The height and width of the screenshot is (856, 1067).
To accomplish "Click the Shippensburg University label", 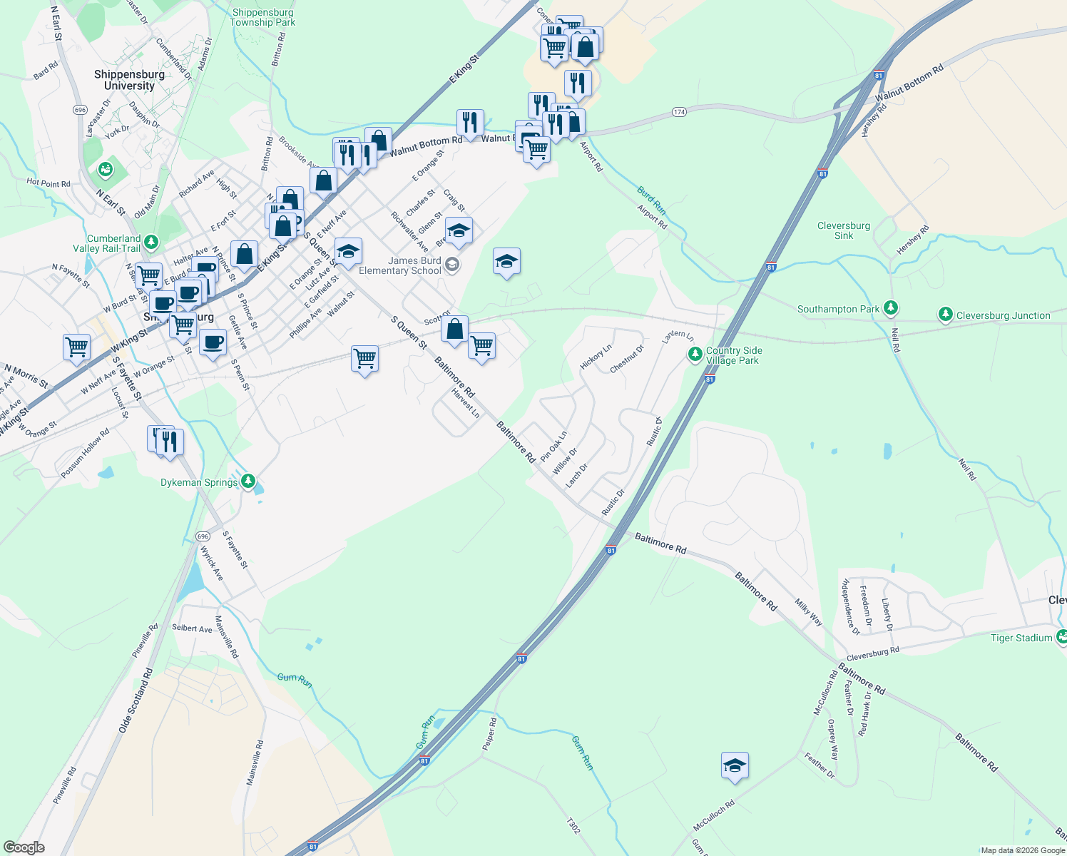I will [x=129, y=80].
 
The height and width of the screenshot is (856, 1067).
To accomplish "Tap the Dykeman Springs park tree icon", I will [x=247, y=481].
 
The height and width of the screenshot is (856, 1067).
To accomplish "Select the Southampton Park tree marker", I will [x=890, y=308].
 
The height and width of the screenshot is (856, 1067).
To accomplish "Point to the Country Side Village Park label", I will [x=733, y=355].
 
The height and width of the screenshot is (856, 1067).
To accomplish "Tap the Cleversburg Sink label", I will [x=844, y=230].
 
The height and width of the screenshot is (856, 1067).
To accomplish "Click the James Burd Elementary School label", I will [x=400, y=265].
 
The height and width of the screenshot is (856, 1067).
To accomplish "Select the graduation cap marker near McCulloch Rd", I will [x=735, y=766].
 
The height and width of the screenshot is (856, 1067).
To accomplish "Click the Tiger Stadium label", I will [x=1021, y=638].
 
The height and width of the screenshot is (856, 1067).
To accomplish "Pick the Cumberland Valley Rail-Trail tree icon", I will [x=150, y=242].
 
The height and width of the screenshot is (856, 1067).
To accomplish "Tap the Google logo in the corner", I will [x=24, y=847].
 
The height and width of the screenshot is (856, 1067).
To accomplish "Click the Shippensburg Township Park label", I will [x=262, y=17].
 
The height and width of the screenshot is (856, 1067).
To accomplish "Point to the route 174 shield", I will [x=678, y=112].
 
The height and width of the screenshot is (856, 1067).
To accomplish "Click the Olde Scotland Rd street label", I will [x=136, y=700].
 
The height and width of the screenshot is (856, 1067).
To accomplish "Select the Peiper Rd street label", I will [x=489, y=734].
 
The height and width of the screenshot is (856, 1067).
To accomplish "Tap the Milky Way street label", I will [x=809, y=612].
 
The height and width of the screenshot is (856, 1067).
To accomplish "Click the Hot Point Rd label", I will [x=48, y=183].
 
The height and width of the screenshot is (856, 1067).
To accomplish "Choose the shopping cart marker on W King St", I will [x=76, y=347].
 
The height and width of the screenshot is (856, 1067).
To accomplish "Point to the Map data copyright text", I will [x=1022, y=850].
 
